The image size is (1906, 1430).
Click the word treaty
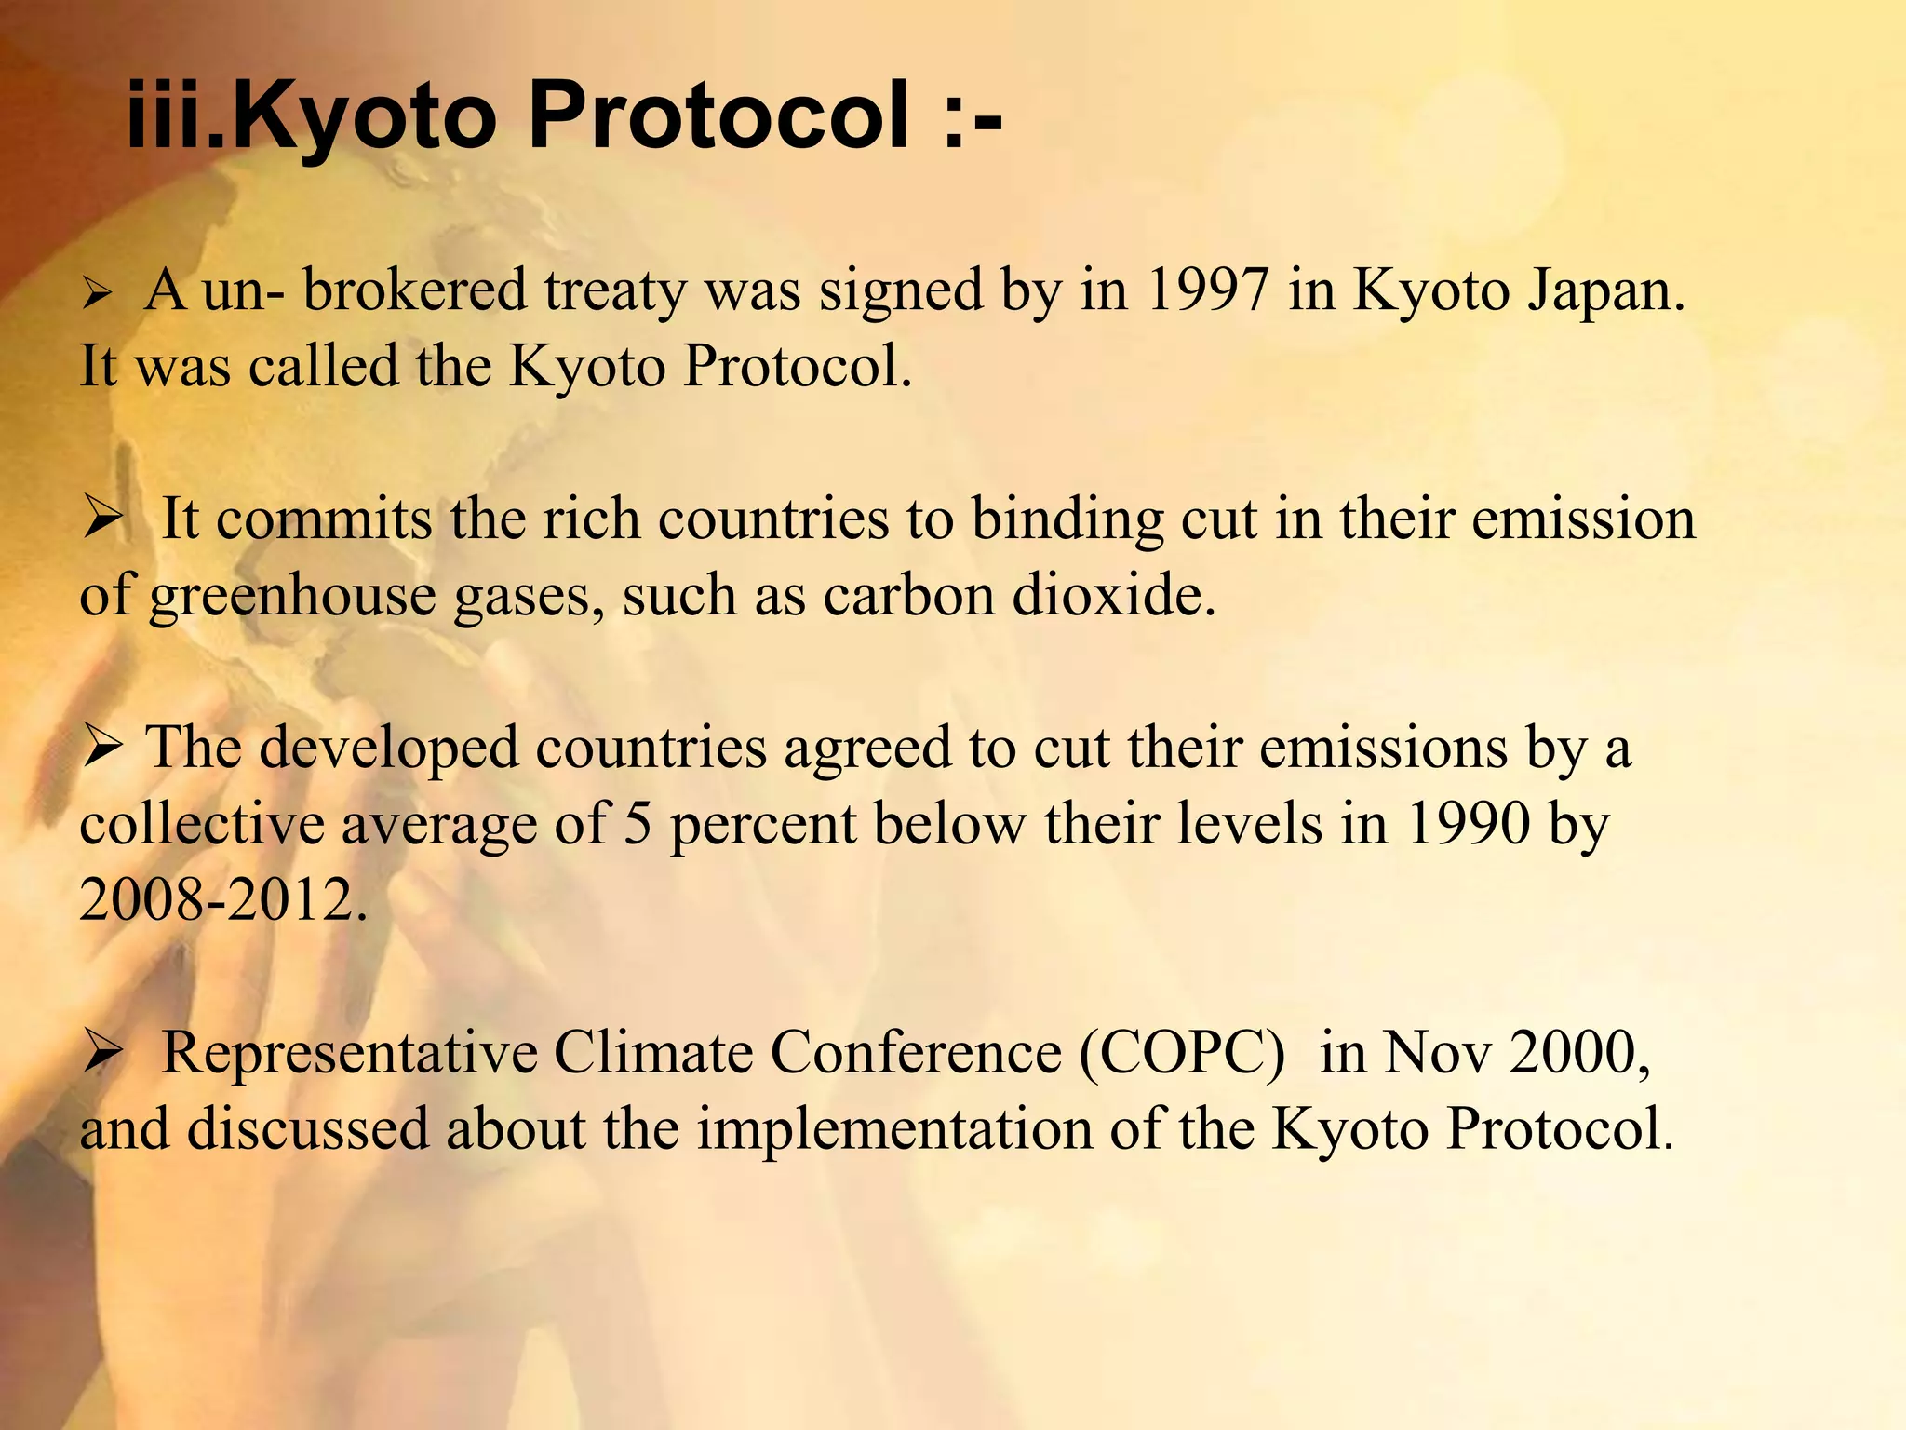click(615, 292)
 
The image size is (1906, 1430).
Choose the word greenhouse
click(292, 598)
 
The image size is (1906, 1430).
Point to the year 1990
click(1469, 824)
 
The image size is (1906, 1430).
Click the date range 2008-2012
click(221, 900)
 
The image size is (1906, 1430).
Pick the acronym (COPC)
click(1183, 1053)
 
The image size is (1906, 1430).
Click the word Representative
click(349, 1055)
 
